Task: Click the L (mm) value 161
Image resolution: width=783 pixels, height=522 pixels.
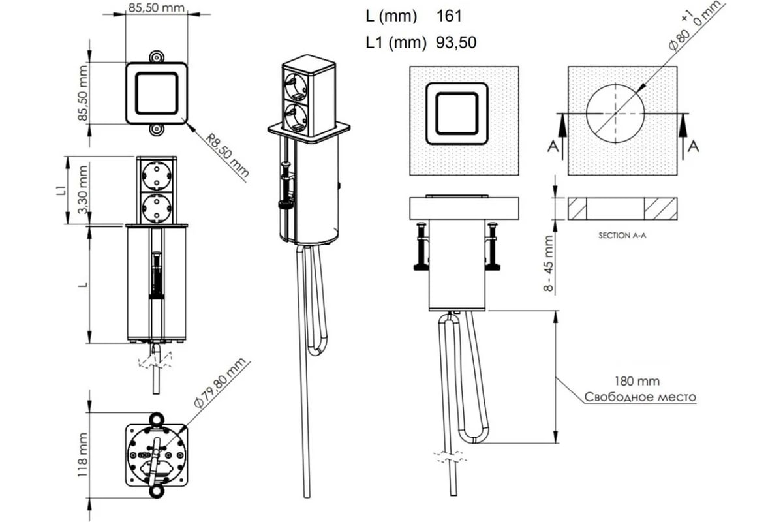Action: click(x=449, y=16)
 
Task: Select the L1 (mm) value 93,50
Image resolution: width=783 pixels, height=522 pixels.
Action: click(x=456, y=42)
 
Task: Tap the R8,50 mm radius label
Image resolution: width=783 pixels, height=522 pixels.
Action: click(x=227, y=155)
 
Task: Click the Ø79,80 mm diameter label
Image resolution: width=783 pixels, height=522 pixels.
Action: click(x=220, y=383)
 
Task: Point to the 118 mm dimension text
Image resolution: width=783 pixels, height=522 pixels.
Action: click(x=83, y=455)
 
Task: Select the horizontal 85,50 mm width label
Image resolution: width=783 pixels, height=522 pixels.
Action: click(x=156, y=8)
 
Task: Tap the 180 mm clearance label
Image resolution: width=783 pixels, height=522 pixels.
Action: click(x=637, y=381)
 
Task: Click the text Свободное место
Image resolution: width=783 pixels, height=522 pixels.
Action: click(x=640, y=397)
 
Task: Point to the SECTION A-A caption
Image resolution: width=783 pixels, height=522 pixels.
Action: click(x=622, y=236)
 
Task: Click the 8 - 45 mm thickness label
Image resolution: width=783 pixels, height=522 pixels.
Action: click(x=549, y=263)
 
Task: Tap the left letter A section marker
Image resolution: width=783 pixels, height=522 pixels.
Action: click(x=553, y=146)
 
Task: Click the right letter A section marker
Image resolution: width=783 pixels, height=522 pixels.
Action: click(x=693, y=146)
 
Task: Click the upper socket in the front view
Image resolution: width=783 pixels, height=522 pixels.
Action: click(x=157, y=176)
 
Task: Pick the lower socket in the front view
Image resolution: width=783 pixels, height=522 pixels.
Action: click(x=157, y=207)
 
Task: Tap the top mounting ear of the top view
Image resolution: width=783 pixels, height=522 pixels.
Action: click(x=157, y=57)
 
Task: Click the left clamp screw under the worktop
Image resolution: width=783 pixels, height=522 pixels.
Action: click(x=422, y=246)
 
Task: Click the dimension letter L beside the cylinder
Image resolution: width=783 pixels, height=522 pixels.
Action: click(x=84, y=284)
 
